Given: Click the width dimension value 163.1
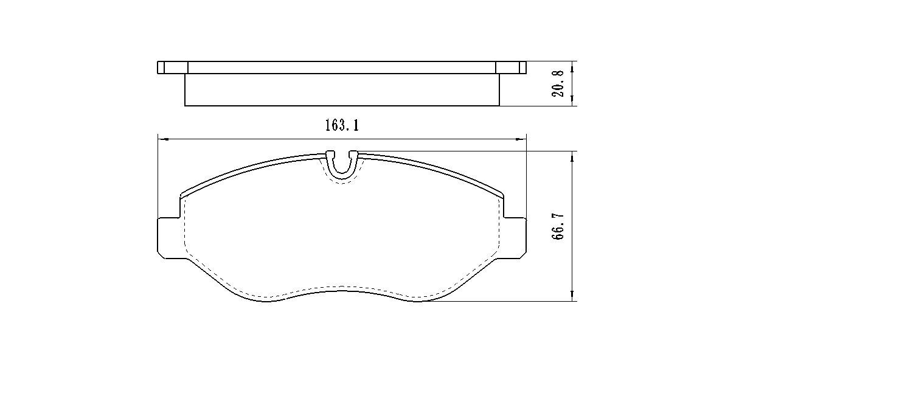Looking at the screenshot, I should pyautogui.click(x=342, y=126).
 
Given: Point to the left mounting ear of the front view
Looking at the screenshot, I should pyautogui.click(x=169, y=237).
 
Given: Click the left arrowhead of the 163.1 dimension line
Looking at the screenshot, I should pyautogui.click(x=162, y=139).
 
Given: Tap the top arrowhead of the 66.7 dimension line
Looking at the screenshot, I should pyautogui.click(x=572, y=156).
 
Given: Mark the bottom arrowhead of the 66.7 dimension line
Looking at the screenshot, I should pyautogui.click(x=572, y=296).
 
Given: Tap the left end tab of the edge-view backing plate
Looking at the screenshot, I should pyautogui.click(x=172, y=68).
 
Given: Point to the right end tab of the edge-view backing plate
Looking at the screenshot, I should pyautogui.click(x=511, y=68).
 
